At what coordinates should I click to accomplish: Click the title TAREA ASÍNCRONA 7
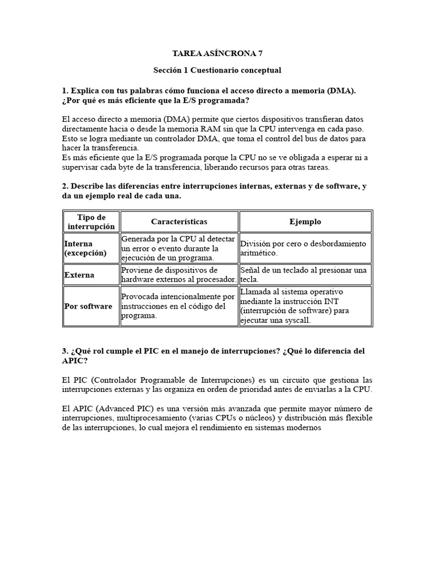click(x=217, y=54)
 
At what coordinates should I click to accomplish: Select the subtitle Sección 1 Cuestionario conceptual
click(x=217, y=70)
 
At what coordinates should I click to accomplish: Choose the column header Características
click(x=179, y=221)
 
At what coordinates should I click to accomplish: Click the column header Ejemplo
click(x=305, y=221)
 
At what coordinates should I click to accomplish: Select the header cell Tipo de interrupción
click(x=91, y=221)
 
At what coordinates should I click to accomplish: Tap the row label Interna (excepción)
click(x=86, y=248)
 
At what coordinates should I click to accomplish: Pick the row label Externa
click(x=79, y=275)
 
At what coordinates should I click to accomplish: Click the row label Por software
click(x=88, y=306)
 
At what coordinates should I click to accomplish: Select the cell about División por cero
click(x=305, y=248)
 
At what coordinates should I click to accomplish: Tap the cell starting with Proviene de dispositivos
click(x=179, y=275)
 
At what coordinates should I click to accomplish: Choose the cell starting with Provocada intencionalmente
click(x=179, y=306)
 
